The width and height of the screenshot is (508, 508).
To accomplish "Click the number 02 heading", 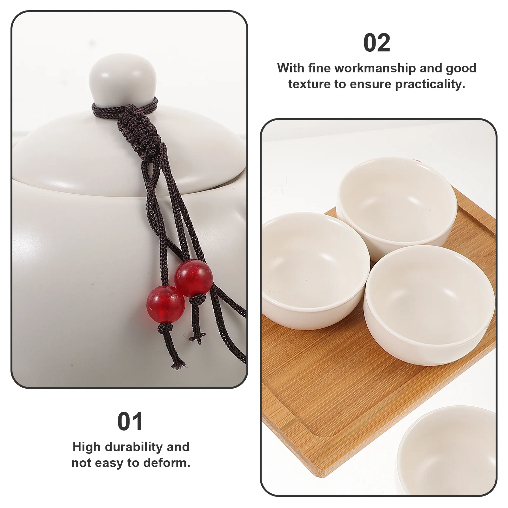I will [377, 43].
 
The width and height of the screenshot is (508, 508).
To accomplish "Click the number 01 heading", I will [130, 422].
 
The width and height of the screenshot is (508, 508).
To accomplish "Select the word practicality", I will [430, 84].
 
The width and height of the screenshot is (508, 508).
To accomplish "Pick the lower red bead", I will [165, 300].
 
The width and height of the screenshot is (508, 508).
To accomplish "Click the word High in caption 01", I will [87, 447].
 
